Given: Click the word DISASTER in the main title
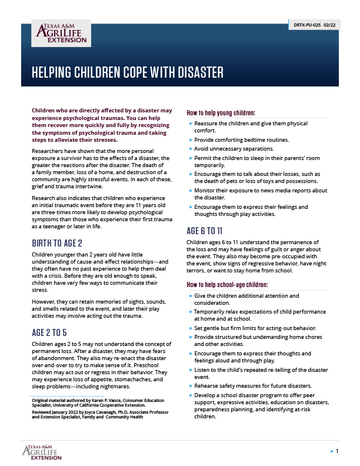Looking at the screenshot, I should point(195,72).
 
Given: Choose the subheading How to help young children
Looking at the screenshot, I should point(221,112).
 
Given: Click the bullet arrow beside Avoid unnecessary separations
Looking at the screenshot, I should point(190,149).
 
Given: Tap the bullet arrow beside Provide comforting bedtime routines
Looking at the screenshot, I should point(190,140).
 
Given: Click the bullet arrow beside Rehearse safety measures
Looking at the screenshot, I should point(190,385).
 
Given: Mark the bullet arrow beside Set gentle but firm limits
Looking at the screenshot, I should point(190,328).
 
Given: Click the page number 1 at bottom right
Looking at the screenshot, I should point(336,451).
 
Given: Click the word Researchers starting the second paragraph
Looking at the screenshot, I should point(51,151).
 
